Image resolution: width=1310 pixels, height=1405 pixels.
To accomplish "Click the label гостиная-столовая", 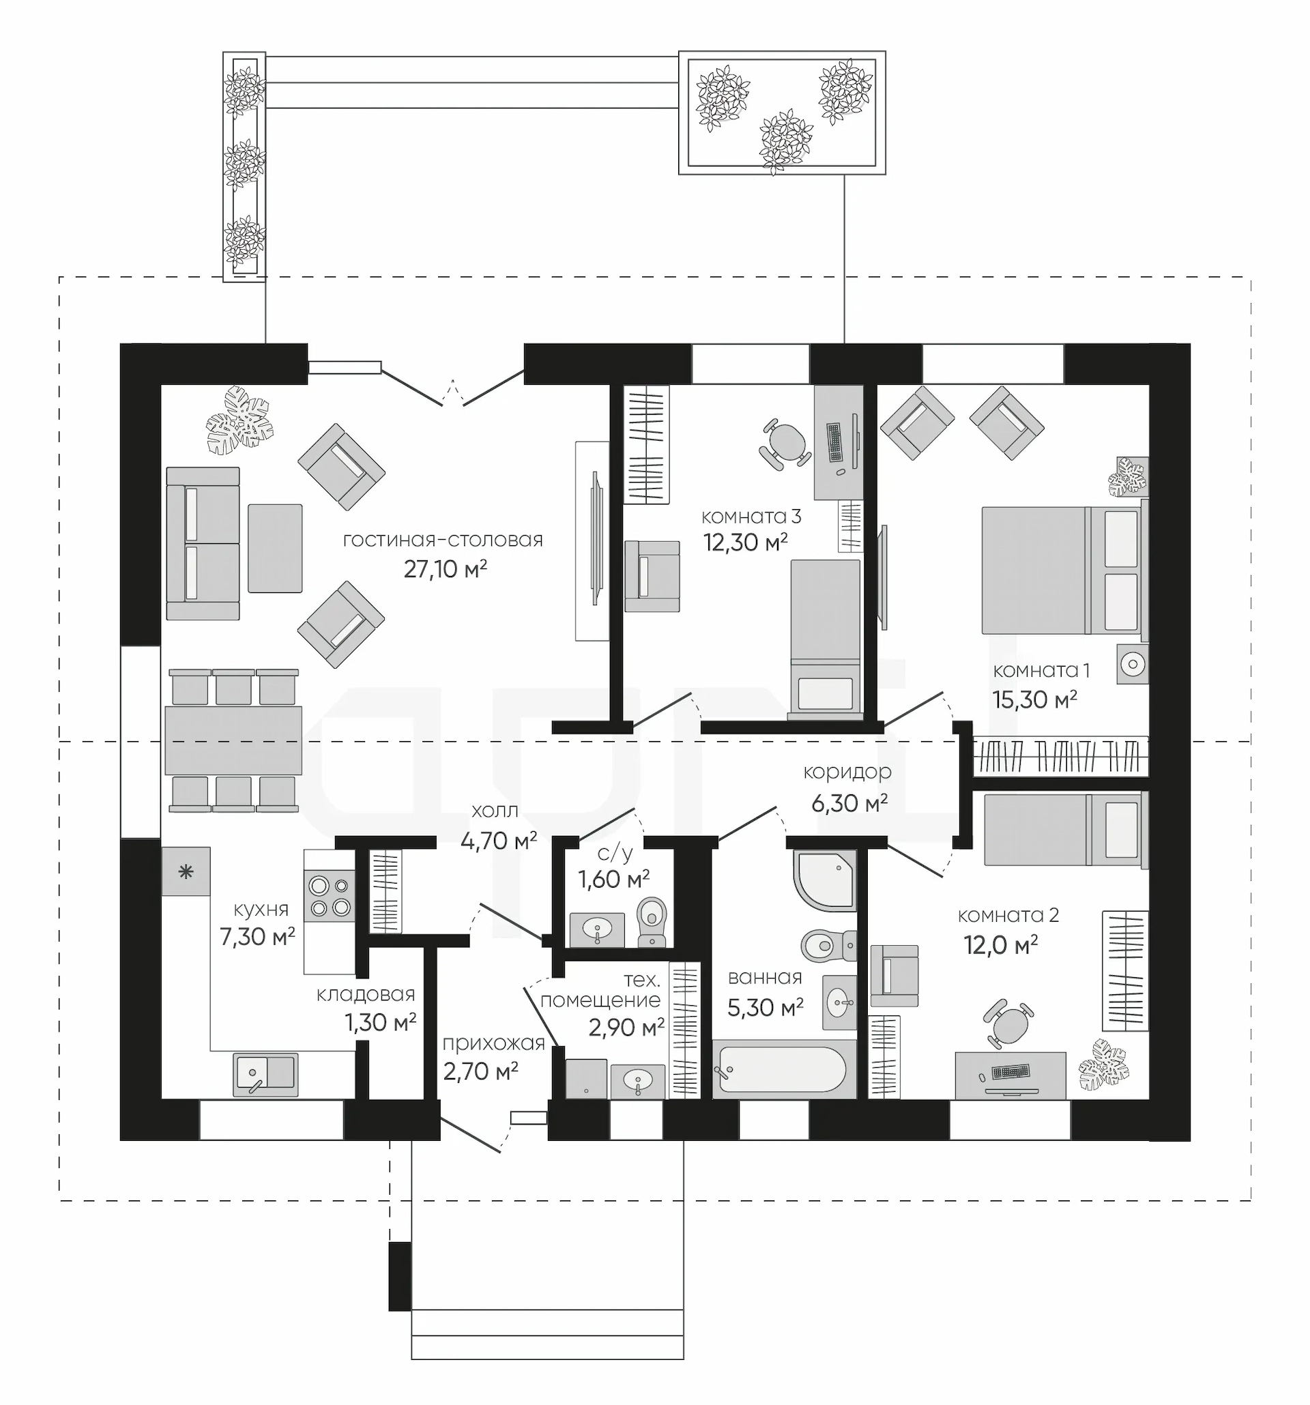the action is (443, 540).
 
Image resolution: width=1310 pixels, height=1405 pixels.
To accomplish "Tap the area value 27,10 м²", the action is (445, 569).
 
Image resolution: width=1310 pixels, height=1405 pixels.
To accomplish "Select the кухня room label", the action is (261, 909).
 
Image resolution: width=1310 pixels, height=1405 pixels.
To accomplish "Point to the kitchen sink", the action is (265, 1074).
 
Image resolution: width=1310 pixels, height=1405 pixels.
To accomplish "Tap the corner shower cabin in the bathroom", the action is (825, 879).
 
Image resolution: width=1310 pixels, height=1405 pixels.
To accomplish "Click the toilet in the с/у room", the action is (652, 922).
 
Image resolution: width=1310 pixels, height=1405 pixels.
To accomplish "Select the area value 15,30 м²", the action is (1034, 699).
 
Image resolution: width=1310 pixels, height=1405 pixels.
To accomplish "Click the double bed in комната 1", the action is (1064, 570).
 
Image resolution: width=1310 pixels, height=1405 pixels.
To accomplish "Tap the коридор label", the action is (847, 772).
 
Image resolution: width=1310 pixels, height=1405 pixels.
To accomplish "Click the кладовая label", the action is (365, 994).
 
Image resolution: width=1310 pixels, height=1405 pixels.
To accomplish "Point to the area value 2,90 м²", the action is (626, 1028).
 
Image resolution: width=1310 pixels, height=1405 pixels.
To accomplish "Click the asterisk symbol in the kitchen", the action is (186, 872).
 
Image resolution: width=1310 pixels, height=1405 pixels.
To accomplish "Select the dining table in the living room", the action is (233, 740).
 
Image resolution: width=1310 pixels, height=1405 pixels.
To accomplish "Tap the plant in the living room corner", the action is (239, 420).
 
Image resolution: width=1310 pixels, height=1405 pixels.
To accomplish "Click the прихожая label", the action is (493, 1043).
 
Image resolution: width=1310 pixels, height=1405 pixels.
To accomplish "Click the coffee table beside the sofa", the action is (275, 548).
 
